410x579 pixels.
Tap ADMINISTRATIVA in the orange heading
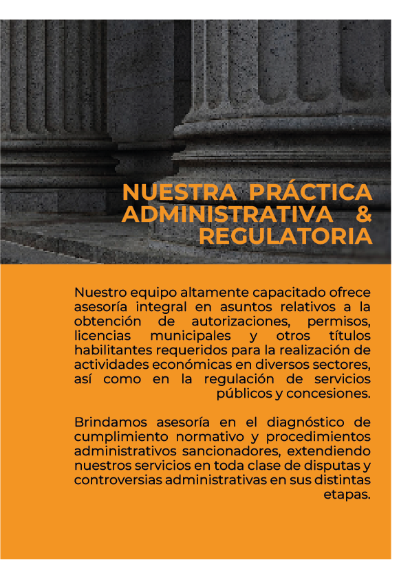[228, 214]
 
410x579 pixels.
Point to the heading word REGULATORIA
[285, 237]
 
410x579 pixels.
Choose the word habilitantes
[108, 350]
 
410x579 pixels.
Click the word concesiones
[336, 394]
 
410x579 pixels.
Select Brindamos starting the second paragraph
[105, 422]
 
